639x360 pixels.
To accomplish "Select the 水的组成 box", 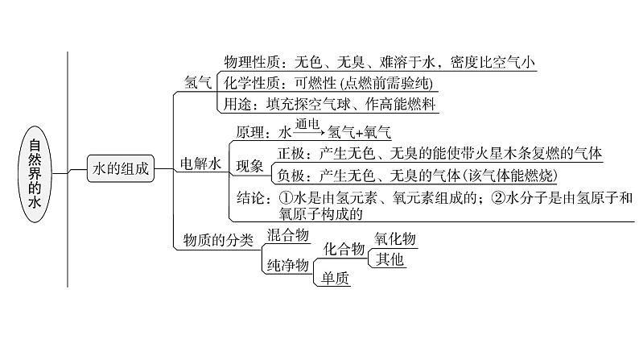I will (x=121, y=168).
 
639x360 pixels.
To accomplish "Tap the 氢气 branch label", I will (x=197, y=82).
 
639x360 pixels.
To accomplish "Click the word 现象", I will (x=249, y=165).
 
